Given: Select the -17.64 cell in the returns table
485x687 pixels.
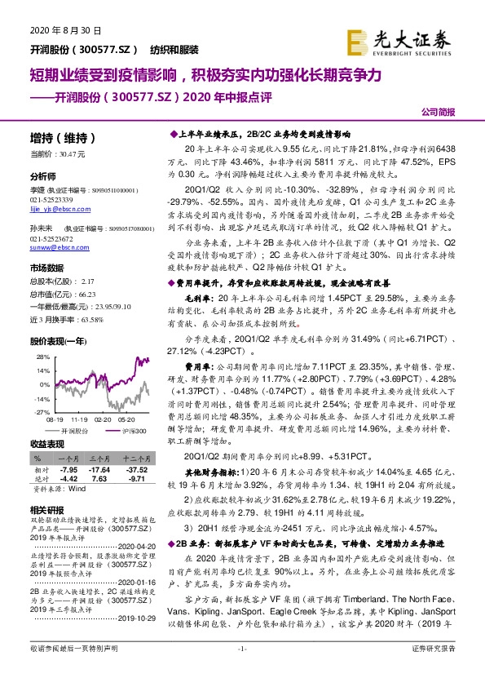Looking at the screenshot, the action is (x=99, y=471).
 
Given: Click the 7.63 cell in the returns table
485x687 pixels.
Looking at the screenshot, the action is (x=100, y=479).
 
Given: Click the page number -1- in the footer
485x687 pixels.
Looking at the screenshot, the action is (x=241, y=671).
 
